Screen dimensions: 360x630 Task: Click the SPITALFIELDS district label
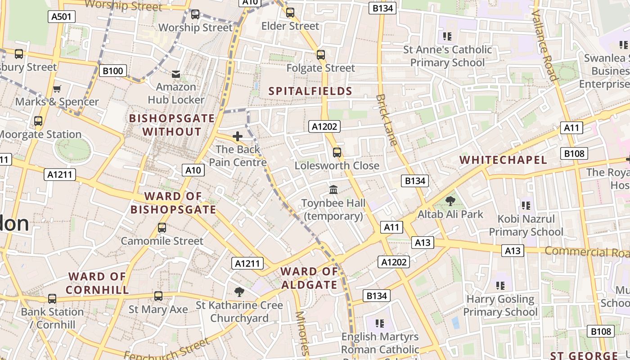(310, 91)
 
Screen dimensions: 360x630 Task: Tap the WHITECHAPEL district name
(503, 160)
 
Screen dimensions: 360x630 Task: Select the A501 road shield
(62, 17)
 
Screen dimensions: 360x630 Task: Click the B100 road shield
(113, 71)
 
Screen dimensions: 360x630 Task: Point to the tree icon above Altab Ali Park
(450, 201)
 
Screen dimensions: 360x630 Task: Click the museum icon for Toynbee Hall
(333, 190)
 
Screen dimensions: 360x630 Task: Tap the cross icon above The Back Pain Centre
(238, 136)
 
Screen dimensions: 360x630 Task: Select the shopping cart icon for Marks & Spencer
(57, 89)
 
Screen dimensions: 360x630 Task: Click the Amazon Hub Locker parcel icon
(176, 74)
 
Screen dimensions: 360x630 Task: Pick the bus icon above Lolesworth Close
(337, 153)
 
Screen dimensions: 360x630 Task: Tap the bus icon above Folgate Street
(321, 55)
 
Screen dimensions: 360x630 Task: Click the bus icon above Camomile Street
(162, 228)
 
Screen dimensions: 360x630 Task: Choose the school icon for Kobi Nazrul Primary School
(526, 206)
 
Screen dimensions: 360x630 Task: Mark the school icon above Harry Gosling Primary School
(500, 286)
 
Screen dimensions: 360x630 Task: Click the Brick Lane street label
(387, 120)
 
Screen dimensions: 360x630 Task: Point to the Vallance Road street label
(544, 45)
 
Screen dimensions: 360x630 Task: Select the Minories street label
(302, 333)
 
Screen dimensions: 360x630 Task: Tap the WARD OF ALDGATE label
(309, 278)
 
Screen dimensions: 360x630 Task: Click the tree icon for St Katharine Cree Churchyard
(239, 292)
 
